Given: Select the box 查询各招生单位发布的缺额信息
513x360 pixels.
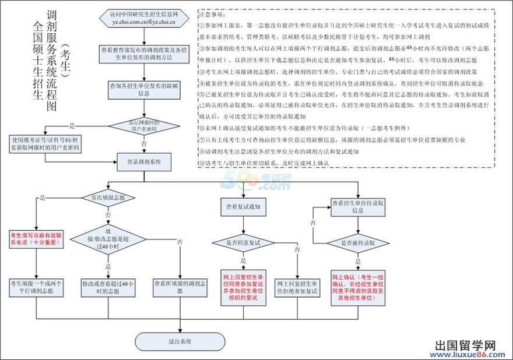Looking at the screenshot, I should pos(144,89).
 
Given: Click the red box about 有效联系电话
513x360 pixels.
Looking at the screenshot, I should pos(35,239).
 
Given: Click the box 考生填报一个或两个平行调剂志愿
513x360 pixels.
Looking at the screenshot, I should pos(35,287).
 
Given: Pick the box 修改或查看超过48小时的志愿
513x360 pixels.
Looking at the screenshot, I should pos(108,287).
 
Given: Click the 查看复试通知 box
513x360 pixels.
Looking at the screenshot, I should pos(243,206).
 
